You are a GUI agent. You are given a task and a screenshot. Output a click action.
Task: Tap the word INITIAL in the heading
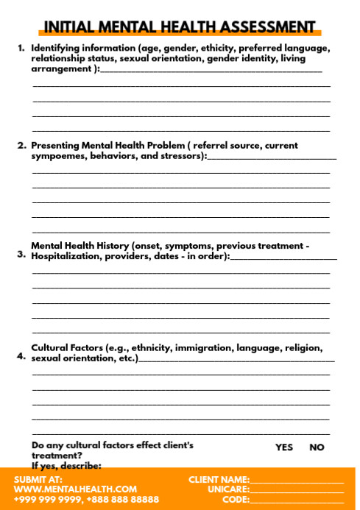click(70, 28)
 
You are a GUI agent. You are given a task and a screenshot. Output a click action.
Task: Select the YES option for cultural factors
click(283, 447)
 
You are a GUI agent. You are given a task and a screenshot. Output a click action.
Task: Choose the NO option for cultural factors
click(317, 447)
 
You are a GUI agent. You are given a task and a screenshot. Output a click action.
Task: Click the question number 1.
click(21, 48)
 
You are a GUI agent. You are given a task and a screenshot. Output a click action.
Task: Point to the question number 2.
click(22, 146)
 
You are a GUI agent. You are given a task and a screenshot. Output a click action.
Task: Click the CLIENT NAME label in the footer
click(219, 479)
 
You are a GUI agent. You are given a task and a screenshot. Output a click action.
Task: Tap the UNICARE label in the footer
click(228, 489)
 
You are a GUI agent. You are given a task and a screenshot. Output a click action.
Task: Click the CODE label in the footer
click(236, 499)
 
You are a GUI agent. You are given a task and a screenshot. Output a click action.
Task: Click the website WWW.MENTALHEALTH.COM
click(75, 489)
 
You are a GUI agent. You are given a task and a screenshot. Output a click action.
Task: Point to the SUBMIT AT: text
click(38, 479)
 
